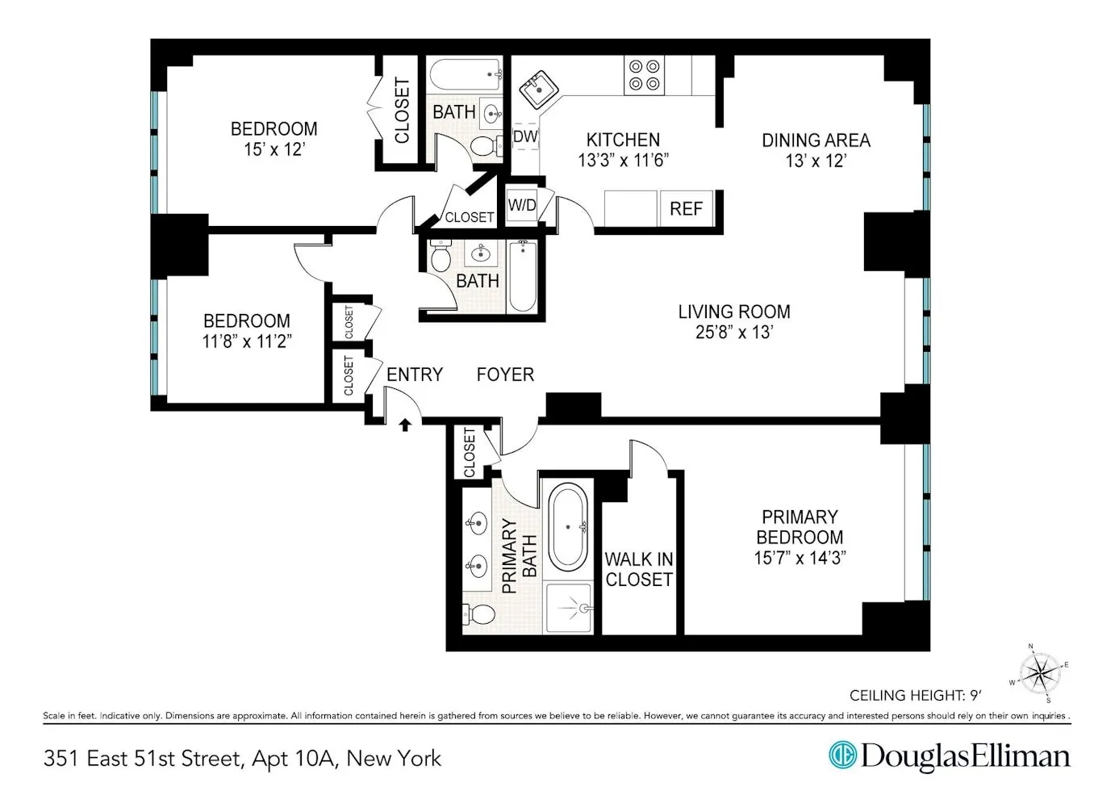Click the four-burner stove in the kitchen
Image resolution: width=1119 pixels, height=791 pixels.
[x=644, y=75]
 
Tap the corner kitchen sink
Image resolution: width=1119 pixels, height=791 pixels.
[x=536, y=89]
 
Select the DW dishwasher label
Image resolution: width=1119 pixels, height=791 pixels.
[x=525, y=136]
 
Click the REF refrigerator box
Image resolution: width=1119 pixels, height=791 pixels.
[x=686, y=209]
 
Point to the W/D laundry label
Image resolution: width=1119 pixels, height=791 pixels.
[x=522, y=205]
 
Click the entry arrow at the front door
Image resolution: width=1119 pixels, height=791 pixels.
[x=405, y=424]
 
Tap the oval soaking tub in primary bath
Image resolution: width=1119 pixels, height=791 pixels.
[x=568, y=528]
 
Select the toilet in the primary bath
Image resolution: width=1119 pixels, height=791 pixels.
[x=479, y=615]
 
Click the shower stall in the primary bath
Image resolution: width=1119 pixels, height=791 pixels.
[x=570, y=607]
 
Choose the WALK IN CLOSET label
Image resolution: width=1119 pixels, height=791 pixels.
[x=639, y=569]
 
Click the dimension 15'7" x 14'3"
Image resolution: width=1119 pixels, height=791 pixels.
[x=800, y=558]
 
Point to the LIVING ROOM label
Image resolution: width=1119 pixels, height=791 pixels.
[x=733, y=312]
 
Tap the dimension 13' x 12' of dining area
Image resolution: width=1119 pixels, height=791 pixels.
[x=815, y=161]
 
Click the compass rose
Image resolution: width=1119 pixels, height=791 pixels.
[x=1040, y=672]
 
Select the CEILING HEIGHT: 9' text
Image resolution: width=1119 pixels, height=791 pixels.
[x=915, y=695]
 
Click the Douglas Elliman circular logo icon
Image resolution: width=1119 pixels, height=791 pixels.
[x=842, y=755]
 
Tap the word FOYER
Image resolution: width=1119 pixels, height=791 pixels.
[x=505, y=375]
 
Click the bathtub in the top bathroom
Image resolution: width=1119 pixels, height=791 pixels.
[x=465, y=77]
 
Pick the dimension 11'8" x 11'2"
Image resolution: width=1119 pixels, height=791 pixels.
[x=246, y=341]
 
